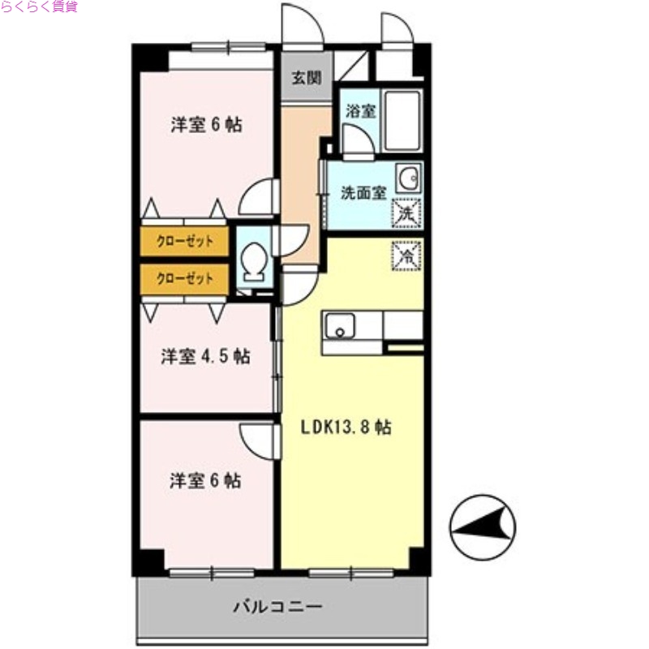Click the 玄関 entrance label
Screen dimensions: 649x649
point(307,79)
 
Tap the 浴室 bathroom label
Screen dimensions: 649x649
point(361,111)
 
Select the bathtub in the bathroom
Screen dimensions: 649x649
point(402,120)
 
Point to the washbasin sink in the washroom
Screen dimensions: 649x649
point(407,178)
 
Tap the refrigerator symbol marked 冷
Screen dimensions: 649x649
point(407,256)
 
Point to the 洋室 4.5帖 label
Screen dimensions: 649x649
point(204,357)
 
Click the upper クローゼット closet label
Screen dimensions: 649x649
point(184,241)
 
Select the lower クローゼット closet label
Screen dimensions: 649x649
point(184,279)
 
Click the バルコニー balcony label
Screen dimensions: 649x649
point(278,606)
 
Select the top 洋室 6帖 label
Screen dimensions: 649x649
point(207,126)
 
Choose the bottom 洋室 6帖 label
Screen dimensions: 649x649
point(205,480)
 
